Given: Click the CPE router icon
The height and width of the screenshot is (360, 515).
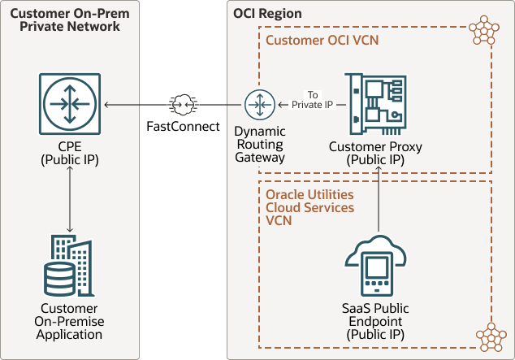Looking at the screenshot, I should point(70,104).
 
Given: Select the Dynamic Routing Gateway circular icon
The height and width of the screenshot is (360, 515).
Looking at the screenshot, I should point(259,105).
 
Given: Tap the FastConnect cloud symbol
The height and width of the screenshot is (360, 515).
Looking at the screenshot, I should point(183,104).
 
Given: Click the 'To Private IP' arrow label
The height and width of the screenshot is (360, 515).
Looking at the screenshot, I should point(314,99).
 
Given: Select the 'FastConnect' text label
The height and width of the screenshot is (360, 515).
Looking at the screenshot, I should point(183,127).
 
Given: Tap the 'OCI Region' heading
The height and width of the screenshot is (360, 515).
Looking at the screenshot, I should point(267,14).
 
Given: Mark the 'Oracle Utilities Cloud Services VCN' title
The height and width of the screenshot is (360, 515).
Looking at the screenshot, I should point(309,207).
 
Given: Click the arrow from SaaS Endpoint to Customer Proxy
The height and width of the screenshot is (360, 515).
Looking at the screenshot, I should point(379,203).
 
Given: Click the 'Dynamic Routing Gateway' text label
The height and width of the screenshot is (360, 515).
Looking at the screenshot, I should point(259,144).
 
